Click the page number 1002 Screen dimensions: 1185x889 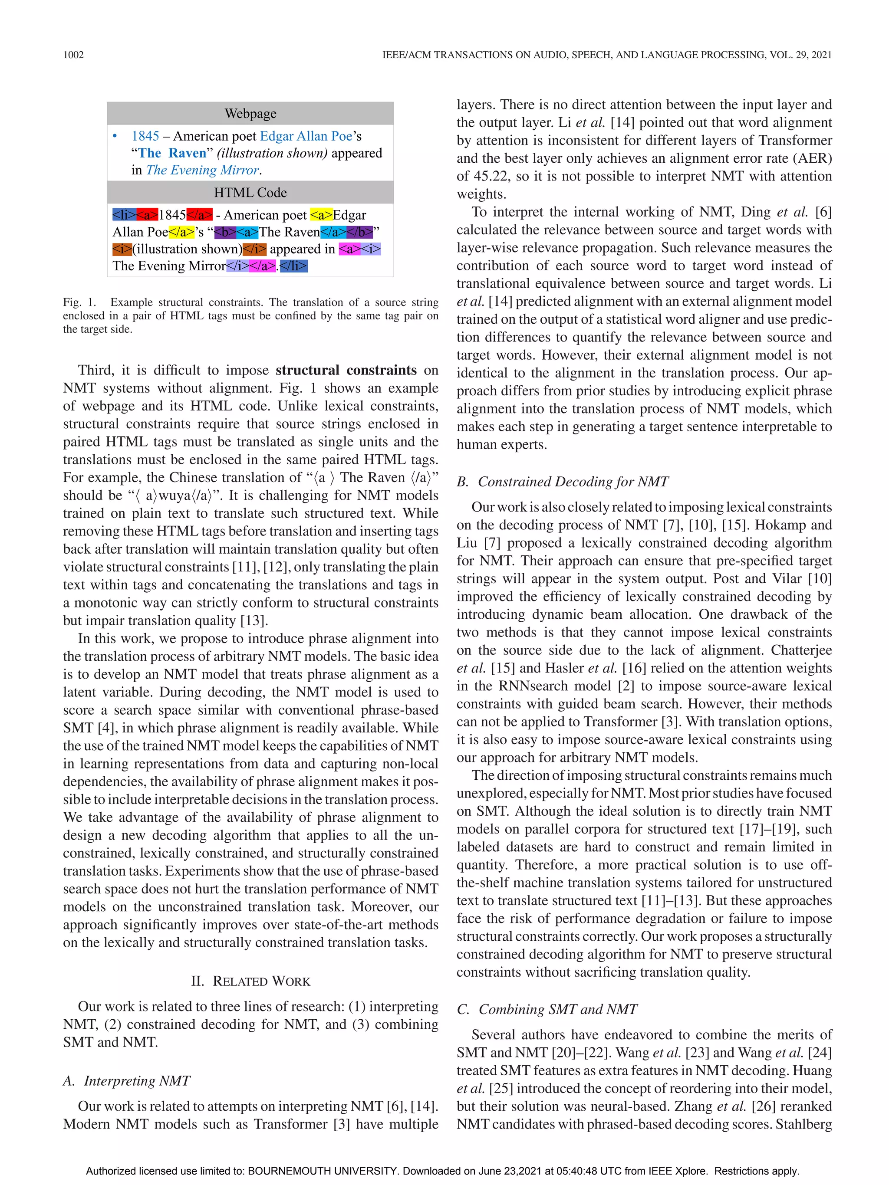[73, 55]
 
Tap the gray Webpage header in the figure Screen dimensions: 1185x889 [250, 114]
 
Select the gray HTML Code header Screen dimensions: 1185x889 [250, 192]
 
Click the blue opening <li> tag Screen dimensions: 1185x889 [124, 215]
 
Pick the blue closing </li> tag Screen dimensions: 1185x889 [293, 266]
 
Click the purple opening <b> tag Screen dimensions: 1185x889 [225, 232]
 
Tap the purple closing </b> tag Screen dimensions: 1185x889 [359, 232]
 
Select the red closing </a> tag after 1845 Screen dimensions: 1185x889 [199, 215]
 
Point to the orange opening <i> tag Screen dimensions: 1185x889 [122, 249]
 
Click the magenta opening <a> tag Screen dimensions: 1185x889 [349, 249]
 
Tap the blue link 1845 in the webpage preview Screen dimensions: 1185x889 [145, 136]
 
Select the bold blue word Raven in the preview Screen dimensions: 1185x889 [187, 153]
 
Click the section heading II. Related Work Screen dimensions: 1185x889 [250, 981]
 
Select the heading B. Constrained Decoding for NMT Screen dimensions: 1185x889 [563, 482]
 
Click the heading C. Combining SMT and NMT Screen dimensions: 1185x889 [547, 1009]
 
